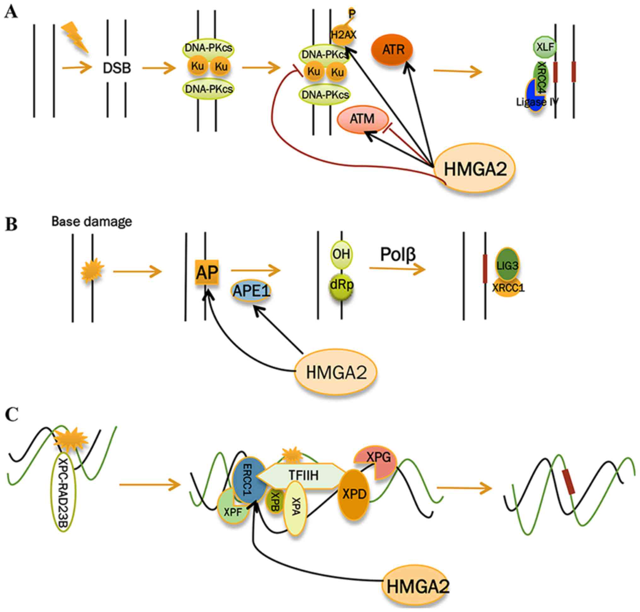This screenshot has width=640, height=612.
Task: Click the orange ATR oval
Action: (392, 49)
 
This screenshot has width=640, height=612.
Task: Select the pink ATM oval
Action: (362, 119)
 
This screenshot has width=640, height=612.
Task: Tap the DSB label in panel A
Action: (117, 68)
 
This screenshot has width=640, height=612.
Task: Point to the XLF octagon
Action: (545, 47)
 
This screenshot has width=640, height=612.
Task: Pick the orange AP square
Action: (207, 272)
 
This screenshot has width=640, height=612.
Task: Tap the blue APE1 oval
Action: (251, 291)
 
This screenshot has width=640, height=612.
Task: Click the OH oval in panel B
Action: (341, 254)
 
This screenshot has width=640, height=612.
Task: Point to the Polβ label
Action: (398, 255)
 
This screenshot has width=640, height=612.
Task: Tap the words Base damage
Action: (92, 222)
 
